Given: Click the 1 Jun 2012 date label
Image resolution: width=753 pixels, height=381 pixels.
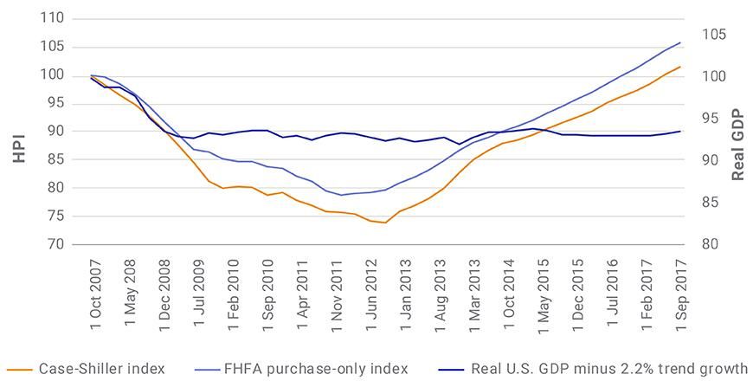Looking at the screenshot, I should pyautogui.click(x=374, y=287).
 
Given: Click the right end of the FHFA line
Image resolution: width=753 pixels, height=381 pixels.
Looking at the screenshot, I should pyautogui.click(x=680, y=42).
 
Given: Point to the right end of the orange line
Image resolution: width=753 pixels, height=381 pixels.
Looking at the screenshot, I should pyautogui.click(x=680, y=67).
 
